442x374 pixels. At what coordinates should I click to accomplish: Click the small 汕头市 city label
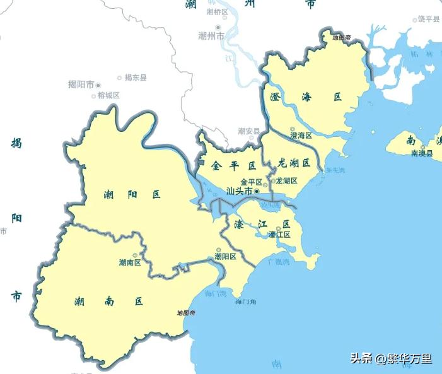coord(239,190)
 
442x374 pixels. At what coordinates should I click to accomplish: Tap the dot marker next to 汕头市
coord(257,190)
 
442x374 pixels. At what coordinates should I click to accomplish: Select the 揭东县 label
coord(135,78)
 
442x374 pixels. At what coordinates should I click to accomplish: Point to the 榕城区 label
coord(108,95)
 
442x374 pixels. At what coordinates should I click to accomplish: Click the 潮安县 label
coord(249,131)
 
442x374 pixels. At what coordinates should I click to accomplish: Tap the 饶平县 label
coord(429,20)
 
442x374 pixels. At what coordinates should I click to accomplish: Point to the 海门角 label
coord(245,302)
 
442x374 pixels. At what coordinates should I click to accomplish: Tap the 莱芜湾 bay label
coord(335,170)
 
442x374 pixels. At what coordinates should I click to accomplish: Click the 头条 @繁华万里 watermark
coord(391,359)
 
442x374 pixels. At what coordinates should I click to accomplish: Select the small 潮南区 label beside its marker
coord(129,262)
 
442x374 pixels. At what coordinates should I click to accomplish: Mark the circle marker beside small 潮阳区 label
coord(219,249)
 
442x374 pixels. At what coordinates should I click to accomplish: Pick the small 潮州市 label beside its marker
coord(211,37)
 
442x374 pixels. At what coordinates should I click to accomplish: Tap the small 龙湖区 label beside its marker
coord(287,180)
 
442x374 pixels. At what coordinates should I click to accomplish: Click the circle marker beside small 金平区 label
coord(266,182)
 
